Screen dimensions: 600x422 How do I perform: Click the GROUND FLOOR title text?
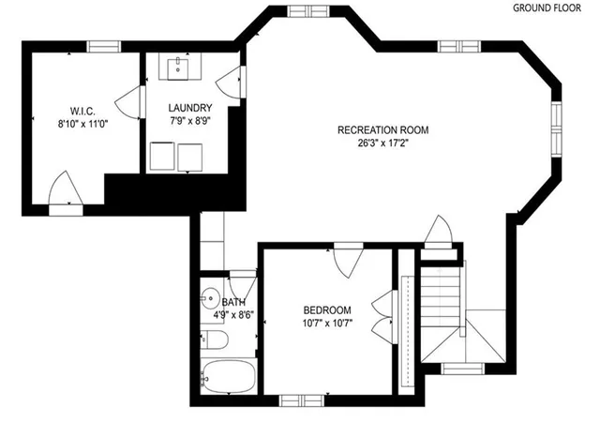(x=547, y=8)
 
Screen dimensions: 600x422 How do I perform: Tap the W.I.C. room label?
(x=82, y=112)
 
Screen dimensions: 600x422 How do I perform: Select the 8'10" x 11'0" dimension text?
(x=82, y=124)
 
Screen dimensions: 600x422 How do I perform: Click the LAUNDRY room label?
(x=190, y=108)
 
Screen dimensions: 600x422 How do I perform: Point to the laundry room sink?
(x=178, y=68)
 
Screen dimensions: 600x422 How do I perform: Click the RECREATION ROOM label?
(x=383, y=130)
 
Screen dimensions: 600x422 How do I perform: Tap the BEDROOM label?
(x=327, y=310)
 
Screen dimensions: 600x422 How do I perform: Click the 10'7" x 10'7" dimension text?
(x=327, y=324)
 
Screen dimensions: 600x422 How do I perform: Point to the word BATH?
(x=233, y=303)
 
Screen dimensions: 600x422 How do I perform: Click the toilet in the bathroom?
(x=215, y=339)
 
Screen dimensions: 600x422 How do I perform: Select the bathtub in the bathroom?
(x=229, y=376)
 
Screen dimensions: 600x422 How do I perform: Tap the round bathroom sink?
(x=209, y=298)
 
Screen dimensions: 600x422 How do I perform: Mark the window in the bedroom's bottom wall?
(x=302, y=401)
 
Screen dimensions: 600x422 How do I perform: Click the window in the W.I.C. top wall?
(x=104, y=47)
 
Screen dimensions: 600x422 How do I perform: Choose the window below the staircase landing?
(x=462, y=369)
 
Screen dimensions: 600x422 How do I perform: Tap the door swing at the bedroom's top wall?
(x=348, y=261)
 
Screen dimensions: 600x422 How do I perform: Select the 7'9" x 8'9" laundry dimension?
(x=190, y=121)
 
